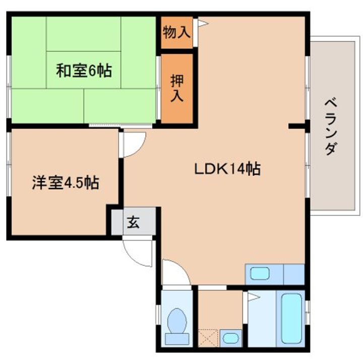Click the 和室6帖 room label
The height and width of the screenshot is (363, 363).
(x=84, y=71)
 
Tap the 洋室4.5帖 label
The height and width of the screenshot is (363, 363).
(x=66, y=183)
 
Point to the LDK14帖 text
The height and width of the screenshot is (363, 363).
(x=227, y=169)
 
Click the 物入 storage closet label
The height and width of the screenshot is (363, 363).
(x=176, y=32)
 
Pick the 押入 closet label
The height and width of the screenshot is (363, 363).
(x=177, y=88)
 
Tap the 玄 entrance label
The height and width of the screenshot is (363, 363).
(x=133, y=222)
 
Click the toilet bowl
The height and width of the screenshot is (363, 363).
(x=177, y=321)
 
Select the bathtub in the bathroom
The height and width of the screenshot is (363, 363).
(x=291, y=318)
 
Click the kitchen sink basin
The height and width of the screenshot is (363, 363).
(x=260, y=273)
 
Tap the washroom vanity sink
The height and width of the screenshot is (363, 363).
(x=231, y=338)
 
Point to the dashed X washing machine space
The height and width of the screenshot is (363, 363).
(x=208, y=338)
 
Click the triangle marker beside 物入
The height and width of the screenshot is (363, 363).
(x=203, y=23)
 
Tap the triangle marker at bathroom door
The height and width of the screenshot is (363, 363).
(x=254, y=297)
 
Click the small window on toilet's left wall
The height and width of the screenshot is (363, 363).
(x=158, y=315)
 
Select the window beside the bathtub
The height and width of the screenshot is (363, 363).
(x=307, y=313)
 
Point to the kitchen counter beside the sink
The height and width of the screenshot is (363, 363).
(x=294, y=274)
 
